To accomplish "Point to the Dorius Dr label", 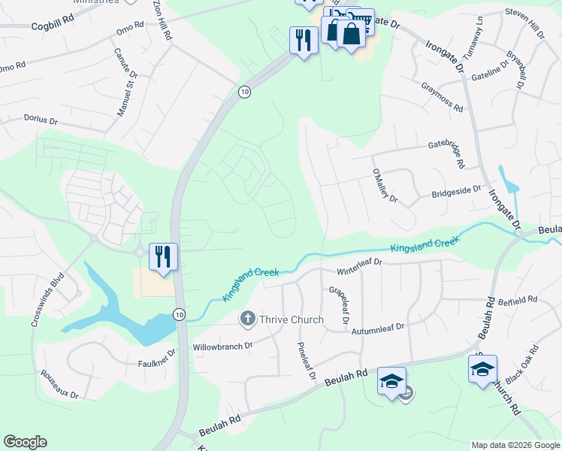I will [41, 120].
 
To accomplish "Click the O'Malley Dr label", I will [384, 186].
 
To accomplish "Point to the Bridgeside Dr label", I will [455, 192].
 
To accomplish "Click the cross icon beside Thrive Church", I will [247, 319].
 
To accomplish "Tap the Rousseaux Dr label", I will [59, 383].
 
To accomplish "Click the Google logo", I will [25, 442].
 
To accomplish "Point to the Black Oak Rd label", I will [523, 363].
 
